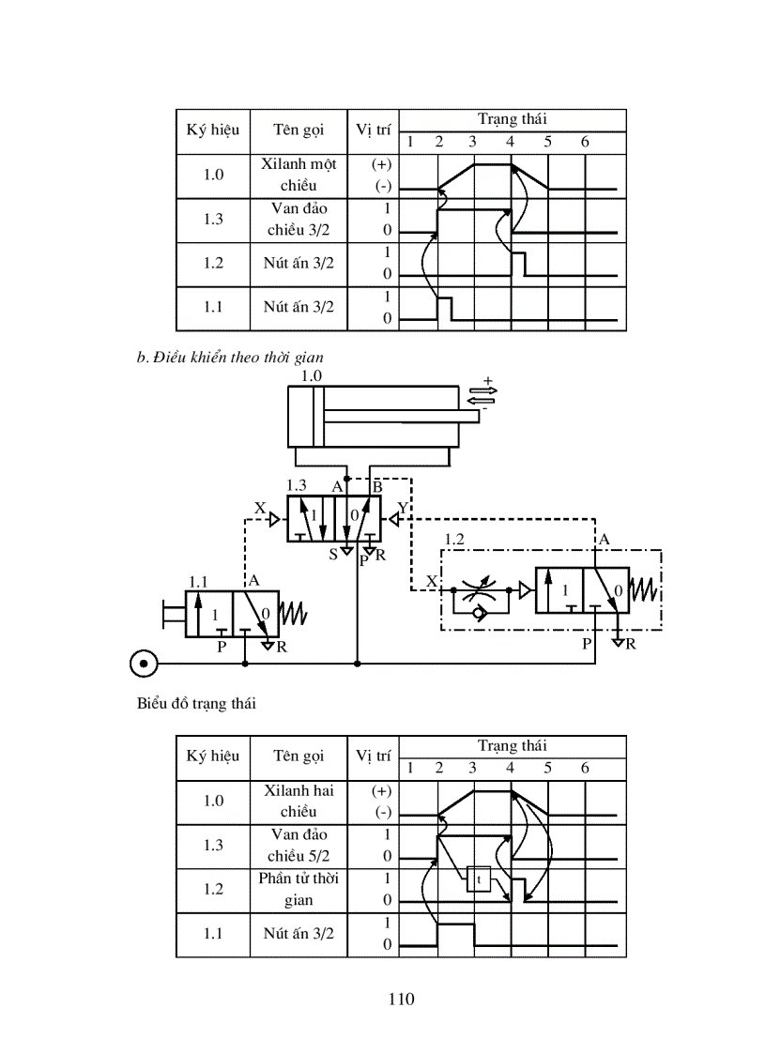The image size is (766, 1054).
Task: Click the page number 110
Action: (x=401, y=998)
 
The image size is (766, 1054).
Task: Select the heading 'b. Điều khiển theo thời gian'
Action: (x=230, y=357)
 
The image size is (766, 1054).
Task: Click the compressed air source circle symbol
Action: (x=143, y=664)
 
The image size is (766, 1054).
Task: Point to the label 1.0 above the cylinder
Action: (x=311, y=375)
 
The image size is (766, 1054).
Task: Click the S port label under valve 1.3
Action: (x=333, y=555)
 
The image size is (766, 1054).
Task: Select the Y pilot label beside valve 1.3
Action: (x=403, y=508)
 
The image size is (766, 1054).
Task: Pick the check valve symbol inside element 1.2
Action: (x=480, y=611)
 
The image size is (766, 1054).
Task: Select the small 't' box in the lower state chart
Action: (x=478, y=878)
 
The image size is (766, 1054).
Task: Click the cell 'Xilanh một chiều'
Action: (x=299, y=175)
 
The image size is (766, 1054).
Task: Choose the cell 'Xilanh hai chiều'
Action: (x=299, y=801)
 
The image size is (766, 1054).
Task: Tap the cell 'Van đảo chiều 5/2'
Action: (x=299, y=845)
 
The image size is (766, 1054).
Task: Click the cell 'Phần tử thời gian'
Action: (x=299, y=889)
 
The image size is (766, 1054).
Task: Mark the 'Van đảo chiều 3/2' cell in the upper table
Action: (x=299, y=219)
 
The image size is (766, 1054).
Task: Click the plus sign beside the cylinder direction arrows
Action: (x=487, y=380)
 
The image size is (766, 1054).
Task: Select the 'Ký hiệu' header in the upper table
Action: (x=212, y=130)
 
